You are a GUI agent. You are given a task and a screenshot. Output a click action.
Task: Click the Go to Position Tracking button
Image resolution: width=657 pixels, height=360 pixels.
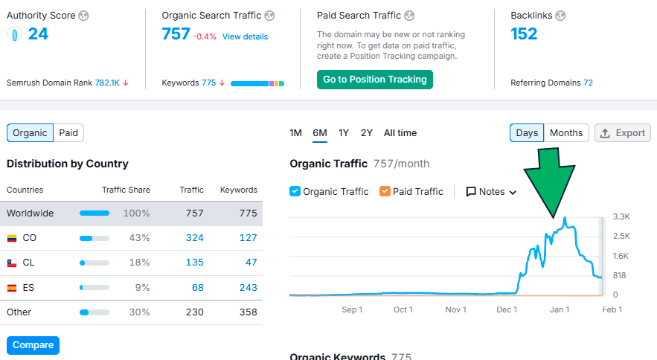[x=374, y=80]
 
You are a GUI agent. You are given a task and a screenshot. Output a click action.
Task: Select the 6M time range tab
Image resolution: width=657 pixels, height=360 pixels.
[x=320, y=133]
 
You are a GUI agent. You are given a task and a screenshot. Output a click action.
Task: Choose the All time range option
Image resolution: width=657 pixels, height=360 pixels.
[x=400, y=133]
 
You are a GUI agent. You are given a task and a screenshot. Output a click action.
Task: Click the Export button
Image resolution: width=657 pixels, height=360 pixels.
[x=623, y=133]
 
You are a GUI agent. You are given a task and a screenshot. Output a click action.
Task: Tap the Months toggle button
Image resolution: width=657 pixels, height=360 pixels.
[x=566, y=133]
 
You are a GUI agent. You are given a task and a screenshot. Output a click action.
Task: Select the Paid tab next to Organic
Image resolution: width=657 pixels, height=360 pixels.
[x=68, y=133]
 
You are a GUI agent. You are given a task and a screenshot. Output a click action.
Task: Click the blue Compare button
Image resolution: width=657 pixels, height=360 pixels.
[x=33, y=345]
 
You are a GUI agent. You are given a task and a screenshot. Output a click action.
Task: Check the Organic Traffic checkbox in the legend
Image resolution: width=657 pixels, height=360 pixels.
[x=295, y=191]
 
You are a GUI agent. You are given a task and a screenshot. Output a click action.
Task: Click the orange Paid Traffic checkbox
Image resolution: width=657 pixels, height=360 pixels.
[x=385, y=191]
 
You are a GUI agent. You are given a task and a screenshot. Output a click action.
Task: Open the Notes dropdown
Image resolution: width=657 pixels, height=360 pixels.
[x=491, y=191]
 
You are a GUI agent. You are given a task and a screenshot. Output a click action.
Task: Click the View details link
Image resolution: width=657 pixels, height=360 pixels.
[x=245, y=36]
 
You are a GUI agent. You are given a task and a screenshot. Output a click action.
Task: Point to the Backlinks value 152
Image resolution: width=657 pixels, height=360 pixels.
[x=524, y=33]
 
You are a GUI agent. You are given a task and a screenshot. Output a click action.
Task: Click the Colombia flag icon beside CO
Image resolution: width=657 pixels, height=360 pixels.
[x=12, y=238]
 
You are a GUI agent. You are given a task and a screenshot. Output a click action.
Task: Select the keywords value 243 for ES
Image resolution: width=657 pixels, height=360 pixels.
[x=248, y=287]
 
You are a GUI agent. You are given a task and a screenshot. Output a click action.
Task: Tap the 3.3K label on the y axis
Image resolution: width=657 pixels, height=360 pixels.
[x=621, y=216]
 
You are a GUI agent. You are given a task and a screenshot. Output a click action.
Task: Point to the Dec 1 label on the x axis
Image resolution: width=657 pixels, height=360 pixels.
[x=507, y=309]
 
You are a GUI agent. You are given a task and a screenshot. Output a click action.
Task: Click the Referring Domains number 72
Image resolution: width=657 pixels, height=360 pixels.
[x=588, y=83]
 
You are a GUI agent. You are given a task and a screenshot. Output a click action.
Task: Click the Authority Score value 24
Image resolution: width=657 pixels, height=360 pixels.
[x=38, y=33]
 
